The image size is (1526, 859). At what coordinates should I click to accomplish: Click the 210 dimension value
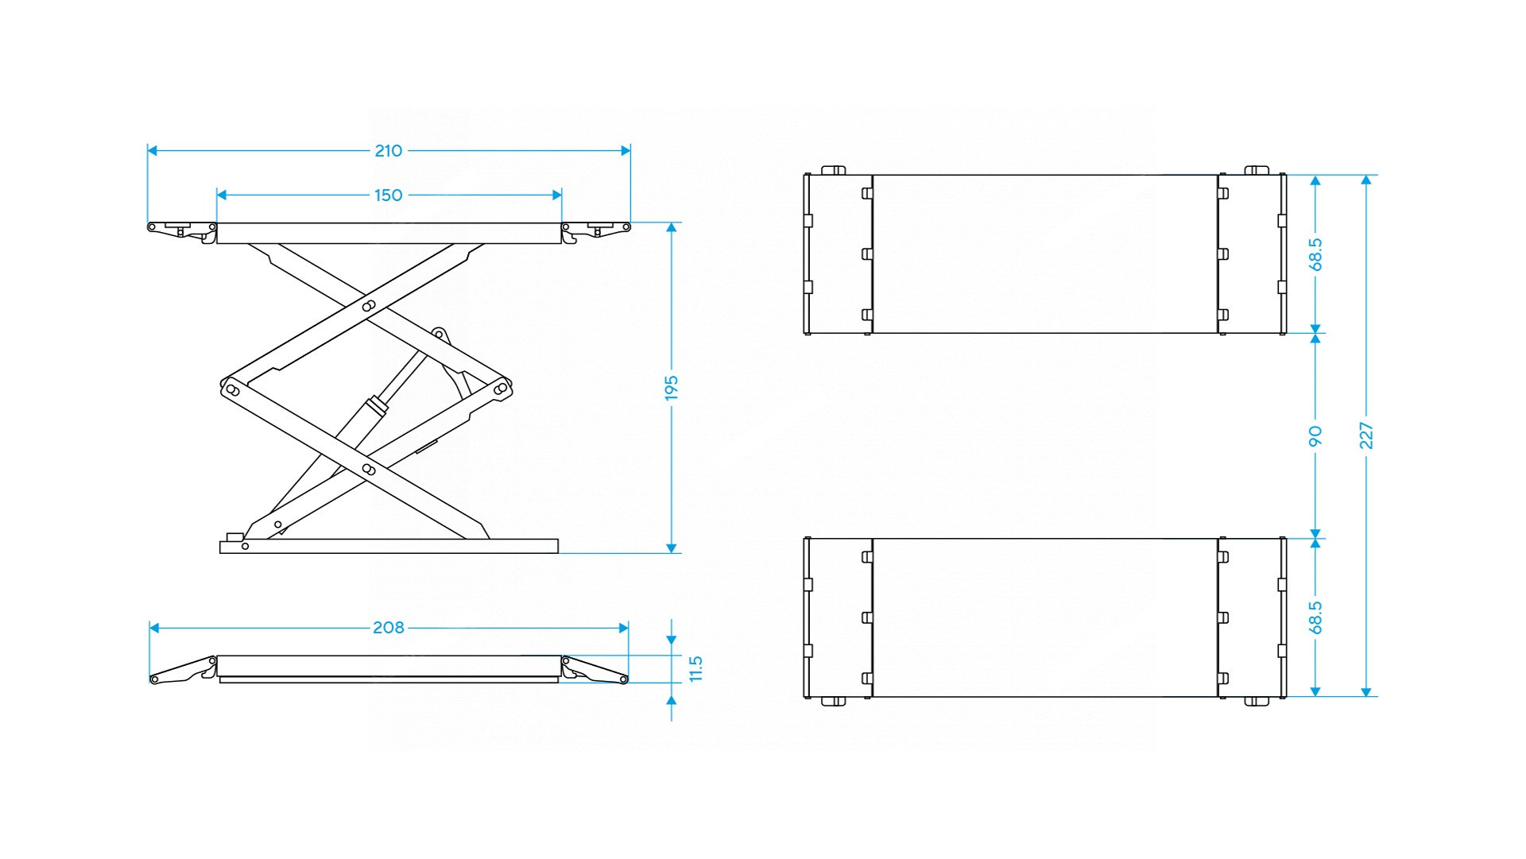coord(389,151)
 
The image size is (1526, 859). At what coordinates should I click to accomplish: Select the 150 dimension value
coord(389,195)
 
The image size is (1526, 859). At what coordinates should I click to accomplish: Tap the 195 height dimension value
coord(672,388)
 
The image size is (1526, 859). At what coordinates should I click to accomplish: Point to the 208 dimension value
coord(389,628)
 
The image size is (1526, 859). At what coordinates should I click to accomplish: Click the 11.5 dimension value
coord(696,668)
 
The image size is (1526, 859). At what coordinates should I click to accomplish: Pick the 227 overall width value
coord(1366,435)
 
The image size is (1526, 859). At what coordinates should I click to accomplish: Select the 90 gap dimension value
coord(1315,435)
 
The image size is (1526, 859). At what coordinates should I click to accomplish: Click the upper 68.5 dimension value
coord(1315,254)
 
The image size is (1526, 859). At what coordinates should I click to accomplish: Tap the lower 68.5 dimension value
coord(1315,617)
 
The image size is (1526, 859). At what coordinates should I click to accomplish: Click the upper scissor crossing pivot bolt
coord(369,305)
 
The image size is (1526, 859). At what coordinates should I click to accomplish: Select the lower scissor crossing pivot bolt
coord(369,470)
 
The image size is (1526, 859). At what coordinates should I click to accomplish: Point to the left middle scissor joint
coord(232,389)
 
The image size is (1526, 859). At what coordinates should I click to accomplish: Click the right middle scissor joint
coord(501,389)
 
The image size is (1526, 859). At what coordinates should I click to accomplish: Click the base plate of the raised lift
coord(389,546)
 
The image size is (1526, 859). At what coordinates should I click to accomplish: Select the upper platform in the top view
coord(1045,254)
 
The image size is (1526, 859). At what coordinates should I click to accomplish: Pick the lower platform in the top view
coord(1045,617)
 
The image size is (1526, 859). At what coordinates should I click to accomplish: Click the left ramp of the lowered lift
coord(183,670)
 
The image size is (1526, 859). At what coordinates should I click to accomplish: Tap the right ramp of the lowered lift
coord(595,670)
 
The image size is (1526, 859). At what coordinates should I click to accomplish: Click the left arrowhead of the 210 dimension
coord(153,151)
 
